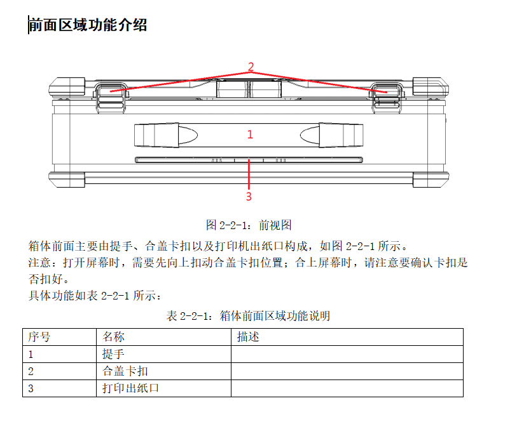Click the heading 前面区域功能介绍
[x=88, y=25]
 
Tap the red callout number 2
[x=251, y=67]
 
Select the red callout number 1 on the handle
[x=250, y=135]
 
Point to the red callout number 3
[x=249, y=196]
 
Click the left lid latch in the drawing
[x=111, y=97]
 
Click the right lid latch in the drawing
[x=387, y=97]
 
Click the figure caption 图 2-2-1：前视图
[x=249, y=225]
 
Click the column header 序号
[x=39, y=336]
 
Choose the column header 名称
[x=113, y=336]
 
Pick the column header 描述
[x=248, y=336]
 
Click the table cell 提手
[x=113, y=354]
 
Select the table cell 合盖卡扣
[x=125, y=371]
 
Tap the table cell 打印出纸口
[x=130, y=388]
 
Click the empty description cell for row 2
[x=347, y=371]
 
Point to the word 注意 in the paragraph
[x=39, y=263]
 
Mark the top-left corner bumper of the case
[x=67, y=88]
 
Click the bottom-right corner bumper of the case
[x=431, y=180]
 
